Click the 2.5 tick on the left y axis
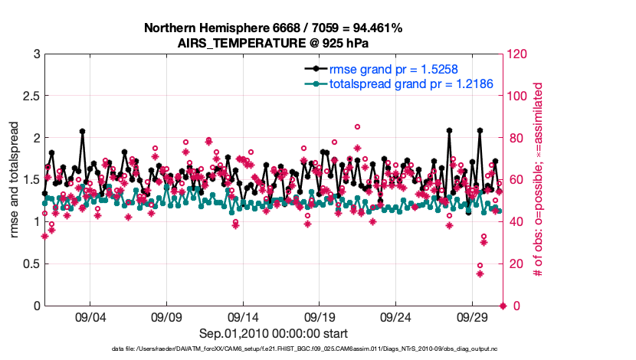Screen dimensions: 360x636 30,97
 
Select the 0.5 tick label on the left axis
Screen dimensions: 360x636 30,264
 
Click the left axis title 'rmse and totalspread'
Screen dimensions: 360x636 14,180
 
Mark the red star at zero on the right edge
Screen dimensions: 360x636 503,306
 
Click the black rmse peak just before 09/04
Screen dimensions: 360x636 82,131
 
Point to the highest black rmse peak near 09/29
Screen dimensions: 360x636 480,130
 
